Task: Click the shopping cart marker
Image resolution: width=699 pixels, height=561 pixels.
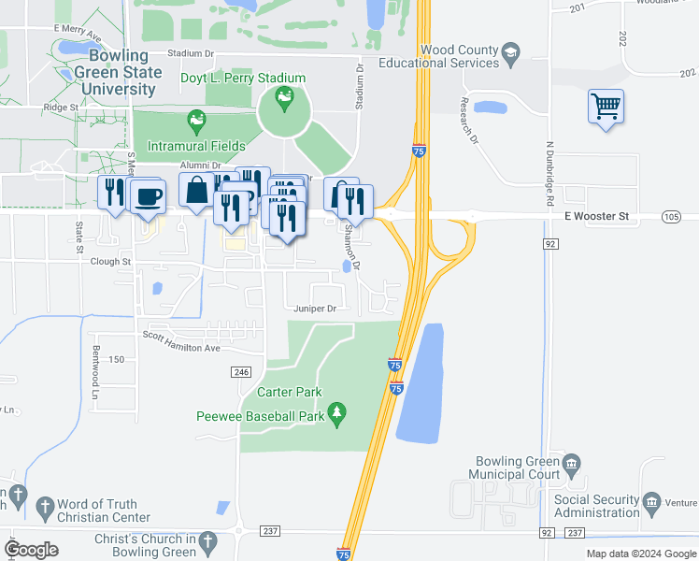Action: pyautogui.click(x=606, y=107)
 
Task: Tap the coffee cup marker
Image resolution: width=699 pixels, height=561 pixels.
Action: pyautogui.click(x=148, y=196)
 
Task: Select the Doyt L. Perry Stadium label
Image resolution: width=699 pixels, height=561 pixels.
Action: pyautogui.click(x=243, y=78)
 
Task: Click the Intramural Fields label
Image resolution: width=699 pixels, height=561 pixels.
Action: pyautogui.click(x=196, y=146)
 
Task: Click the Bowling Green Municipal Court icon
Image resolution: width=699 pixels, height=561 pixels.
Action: pyautogui.click(x=572, y=462)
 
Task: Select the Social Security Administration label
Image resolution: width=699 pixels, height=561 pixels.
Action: pyautogui.click(x=596, y=506)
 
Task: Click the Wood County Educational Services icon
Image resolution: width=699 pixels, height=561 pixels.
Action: pyautogui.click(x=510, y=51)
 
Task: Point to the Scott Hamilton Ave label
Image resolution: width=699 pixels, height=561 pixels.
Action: pyautogui.click(x=180, y=341)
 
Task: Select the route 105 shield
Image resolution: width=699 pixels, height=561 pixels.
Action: pyautogui.click(x=671, y=217)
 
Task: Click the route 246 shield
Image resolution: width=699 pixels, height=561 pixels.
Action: pyautogui.click(x=242, y=372)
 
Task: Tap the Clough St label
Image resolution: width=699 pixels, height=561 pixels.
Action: pyautogui.click(x=111, y=263)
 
